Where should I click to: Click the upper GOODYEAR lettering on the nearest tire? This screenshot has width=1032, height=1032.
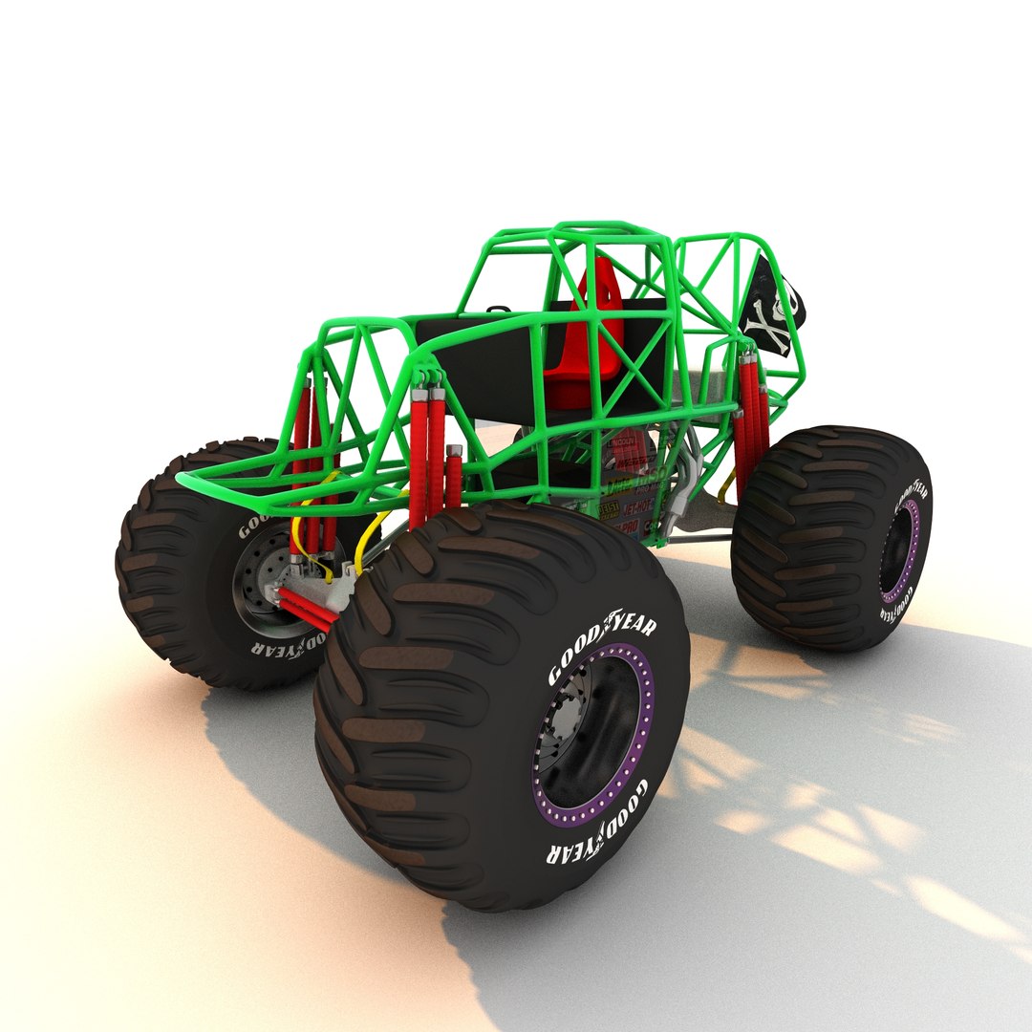tap(602, 650)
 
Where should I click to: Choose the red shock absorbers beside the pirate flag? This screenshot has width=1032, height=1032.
tap(751, 411)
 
